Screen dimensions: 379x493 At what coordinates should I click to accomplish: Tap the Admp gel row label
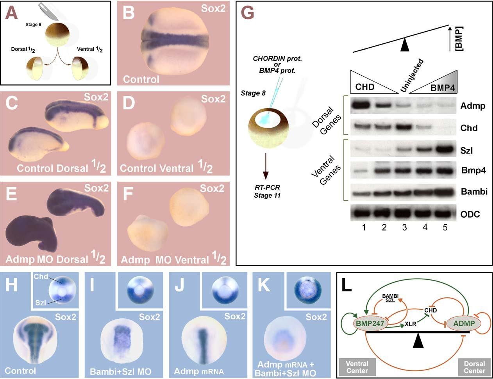coord(473,105)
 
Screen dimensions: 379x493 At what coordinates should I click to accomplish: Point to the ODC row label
coord(470,215)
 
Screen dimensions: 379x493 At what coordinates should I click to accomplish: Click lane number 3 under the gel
coord(404,227)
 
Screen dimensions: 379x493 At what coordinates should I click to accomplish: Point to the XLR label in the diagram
coord(410,324)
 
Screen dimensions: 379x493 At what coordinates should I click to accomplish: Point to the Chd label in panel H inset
coord(41,277)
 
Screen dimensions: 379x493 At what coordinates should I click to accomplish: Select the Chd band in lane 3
coord(404,127)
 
